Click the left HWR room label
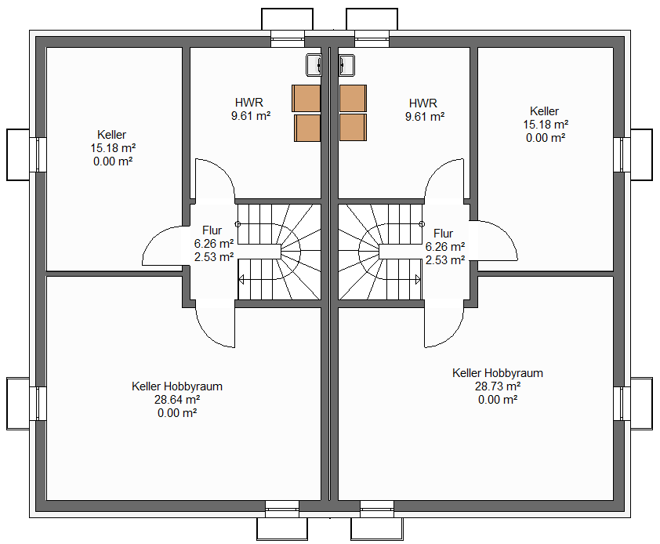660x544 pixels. pos(249,103)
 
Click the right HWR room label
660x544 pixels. pos(423,103)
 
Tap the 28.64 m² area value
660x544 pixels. pos(177,400)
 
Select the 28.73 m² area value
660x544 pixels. pos(498,386)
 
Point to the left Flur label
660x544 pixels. pos(212,230)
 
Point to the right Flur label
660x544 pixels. pos(443,234)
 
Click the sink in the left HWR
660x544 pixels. pos(314,65)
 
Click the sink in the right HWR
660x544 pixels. pos(346,65)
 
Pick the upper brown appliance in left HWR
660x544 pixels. pos(306,99)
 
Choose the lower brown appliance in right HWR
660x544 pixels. pos(353,127)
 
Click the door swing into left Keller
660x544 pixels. pos(162,245)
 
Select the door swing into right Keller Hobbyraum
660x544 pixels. pos(444,328)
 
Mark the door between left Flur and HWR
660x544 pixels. pos(215,179)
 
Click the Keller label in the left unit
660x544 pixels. pos(111,134)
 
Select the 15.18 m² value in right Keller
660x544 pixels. pos(546,125)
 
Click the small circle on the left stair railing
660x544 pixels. pos(238,224)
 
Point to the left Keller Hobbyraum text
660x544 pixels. pos(177,386)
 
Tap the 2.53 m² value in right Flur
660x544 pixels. pos(445,260)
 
